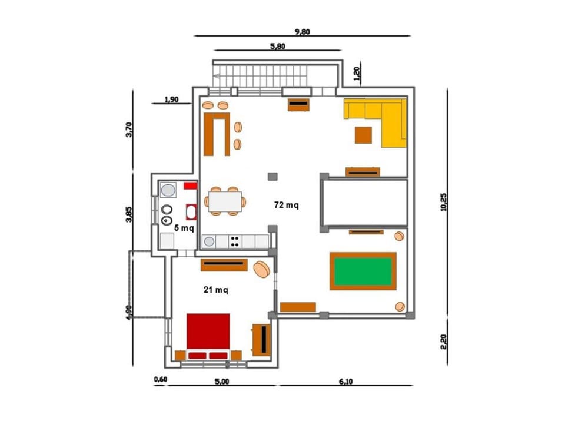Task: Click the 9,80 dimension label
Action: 303,32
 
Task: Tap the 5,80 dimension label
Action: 277,46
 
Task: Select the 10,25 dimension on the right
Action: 444,202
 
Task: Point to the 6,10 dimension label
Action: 345,381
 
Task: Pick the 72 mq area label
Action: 287,205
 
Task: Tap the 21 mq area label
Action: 216,290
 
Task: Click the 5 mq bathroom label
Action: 184,228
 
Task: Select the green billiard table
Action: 363,271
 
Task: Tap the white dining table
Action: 225,201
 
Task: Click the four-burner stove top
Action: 235,241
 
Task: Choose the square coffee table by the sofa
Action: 363,135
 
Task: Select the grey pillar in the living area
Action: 272,176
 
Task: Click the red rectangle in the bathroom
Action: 190,185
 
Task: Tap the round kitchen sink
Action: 209,241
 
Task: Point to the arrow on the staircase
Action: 217,76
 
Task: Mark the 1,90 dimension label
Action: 171,99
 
